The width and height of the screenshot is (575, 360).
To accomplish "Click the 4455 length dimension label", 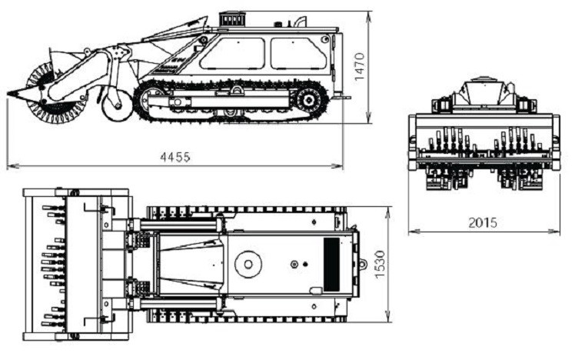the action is click(175, 158).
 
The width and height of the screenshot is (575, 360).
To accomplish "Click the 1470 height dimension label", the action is click(360, 67).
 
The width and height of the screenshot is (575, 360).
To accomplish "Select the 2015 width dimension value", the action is click(483, 223).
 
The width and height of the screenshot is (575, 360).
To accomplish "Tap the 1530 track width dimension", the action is click(380, 265).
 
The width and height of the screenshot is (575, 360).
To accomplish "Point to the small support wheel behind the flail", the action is click(117, 104).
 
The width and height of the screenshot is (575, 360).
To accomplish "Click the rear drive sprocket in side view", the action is click(309, 99).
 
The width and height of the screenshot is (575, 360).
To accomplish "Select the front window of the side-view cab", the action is click(232, 54).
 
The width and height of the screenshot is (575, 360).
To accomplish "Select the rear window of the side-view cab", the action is click(298, 53).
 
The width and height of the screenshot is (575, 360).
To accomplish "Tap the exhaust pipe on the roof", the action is click(301, 21).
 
